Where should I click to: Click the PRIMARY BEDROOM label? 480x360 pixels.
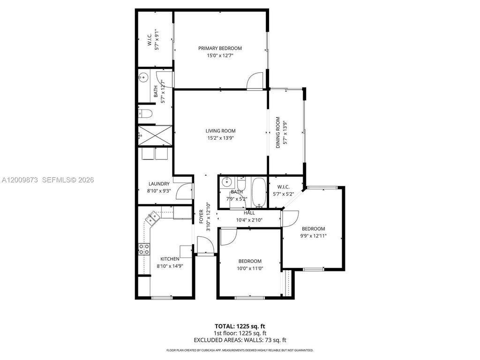click(220, 48)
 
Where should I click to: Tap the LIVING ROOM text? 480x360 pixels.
click(220, 131)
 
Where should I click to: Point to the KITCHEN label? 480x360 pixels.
click(169, 259)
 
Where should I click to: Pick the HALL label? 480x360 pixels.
click(249, 213)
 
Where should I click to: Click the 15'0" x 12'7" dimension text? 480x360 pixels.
click(220, 55)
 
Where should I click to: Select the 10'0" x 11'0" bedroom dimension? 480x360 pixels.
click(249, 268)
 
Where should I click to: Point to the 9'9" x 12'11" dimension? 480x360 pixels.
click(313, 236)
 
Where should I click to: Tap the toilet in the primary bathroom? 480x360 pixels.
click(145, 113)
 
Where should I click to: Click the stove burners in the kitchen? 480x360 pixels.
click(144, 249)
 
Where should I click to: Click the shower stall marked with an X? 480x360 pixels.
click(154, 136)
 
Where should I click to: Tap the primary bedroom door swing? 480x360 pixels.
click(255, 81)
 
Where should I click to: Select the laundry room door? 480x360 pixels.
click(185, 191)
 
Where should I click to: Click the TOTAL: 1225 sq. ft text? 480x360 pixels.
click(240, 326)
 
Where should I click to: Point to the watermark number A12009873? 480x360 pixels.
click(21, 180)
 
